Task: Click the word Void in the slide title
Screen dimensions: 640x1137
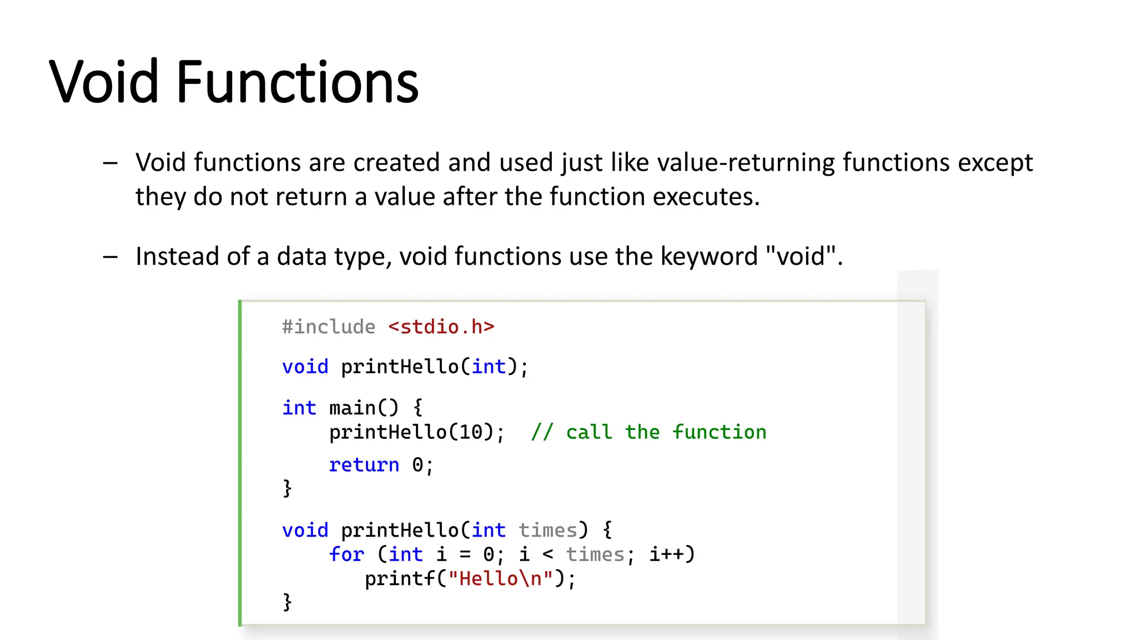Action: (104, 82)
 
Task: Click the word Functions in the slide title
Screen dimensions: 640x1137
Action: (297, 82)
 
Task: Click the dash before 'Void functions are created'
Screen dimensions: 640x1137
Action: (110, 163)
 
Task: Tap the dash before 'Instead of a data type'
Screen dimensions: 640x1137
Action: (110, 257)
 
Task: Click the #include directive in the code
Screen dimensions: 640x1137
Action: (329, 327)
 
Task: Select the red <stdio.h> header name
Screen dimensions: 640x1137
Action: (441, 327)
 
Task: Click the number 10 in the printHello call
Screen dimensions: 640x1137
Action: (471, 432)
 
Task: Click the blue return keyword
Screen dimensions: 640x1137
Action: (364, 464)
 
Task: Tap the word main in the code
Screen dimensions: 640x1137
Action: (352, 408)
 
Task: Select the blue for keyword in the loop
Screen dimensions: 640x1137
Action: (346, 554)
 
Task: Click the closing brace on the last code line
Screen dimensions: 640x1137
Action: (287, 602)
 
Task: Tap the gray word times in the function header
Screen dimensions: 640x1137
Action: (548, 530)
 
